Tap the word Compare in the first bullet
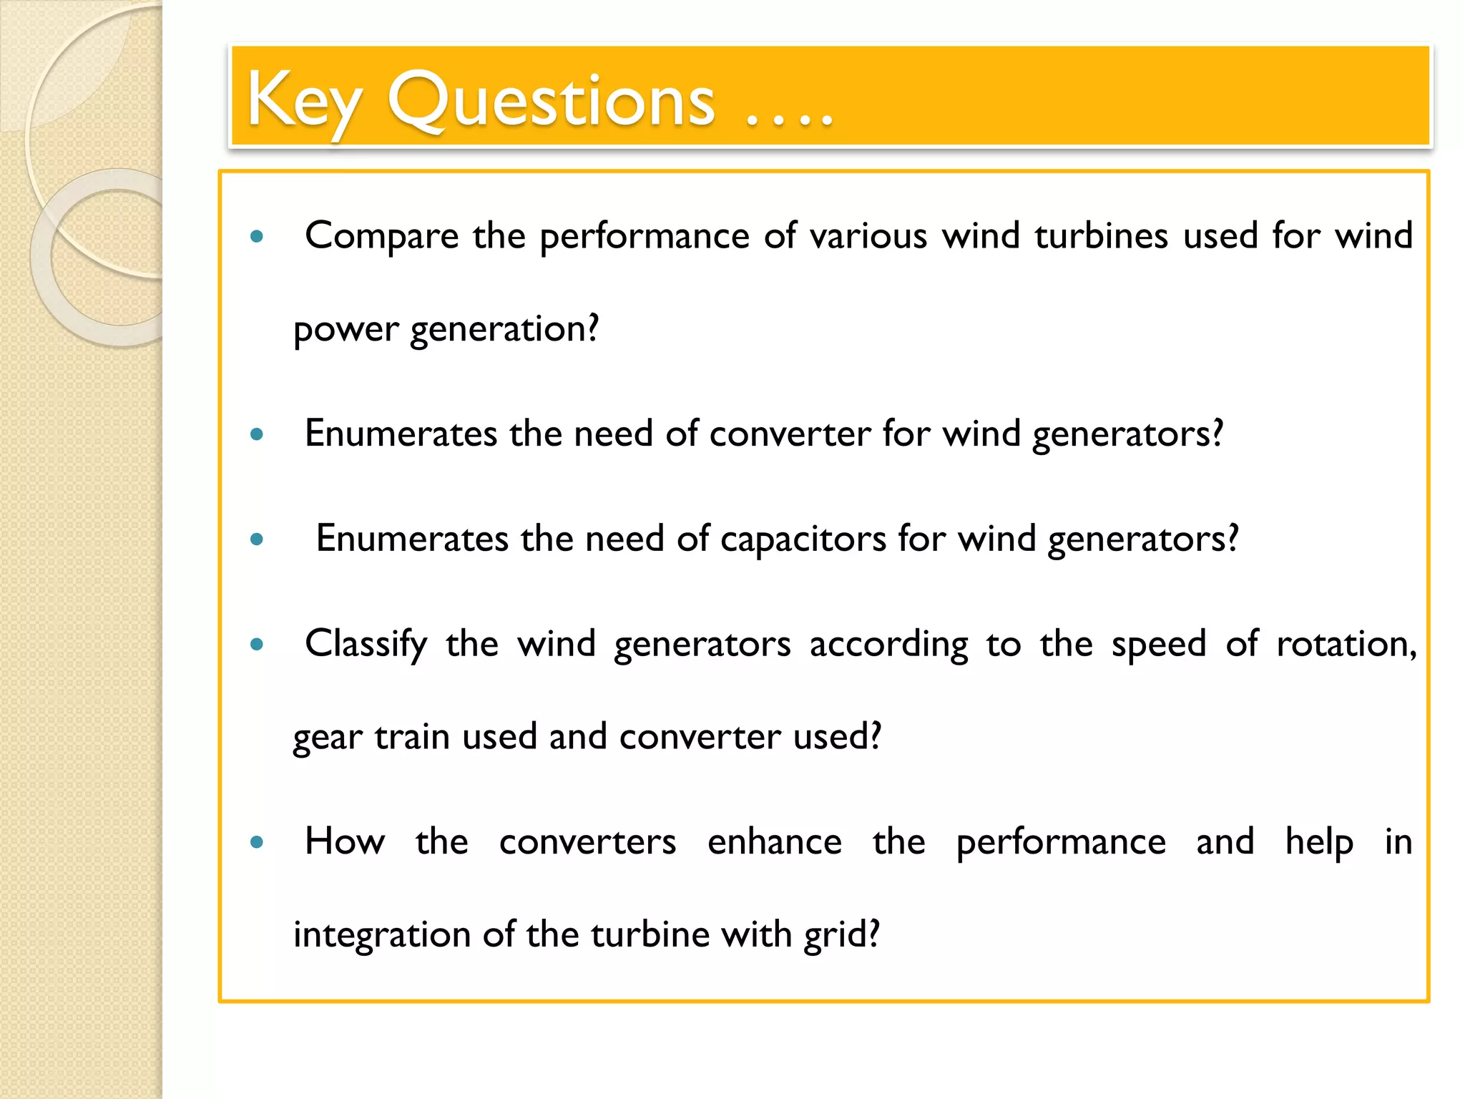(381, 236)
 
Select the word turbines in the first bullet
(1101, 236)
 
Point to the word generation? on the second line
(504, 330)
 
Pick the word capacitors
(803, 539)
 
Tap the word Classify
(366, 644)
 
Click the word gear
(328, 738)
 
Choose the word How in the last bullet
(345, 841)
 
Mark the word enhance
(775, 841)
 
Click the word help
(1319, 841)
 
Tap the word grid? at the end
(841, 935)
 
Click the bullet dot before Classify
(257, 645)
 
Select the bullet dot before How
(257, 842)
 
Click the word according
(888, 644)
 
